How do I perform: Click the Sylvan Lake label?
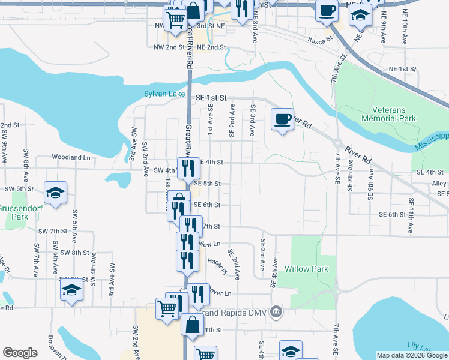click(165, 94)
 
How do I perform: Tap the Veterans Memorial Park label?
click(393, 114)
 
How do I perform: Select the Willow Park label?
click(306, 269)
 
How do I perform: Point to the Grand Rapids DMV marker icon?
click(276, 311)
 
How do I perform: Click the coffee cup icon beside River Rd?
click(282, 119)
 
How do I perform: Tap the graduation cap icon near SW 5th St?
click(55, 192)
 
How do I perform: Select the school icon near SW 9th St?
click(71, 290)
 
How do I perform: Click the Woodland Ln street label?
click(70, 157)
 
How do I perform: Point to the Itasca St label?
click(320, 40)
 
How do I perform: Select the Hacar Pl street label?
click(215, 266)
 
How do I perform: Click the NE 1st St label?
click(402, 69)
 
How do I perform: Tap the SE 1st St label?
click(211, 97)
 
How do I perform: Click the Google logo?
click(20, 353)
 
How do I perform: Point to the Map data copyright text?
click(412, 355)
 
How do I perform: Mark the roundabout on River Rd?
click(339, 144)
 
